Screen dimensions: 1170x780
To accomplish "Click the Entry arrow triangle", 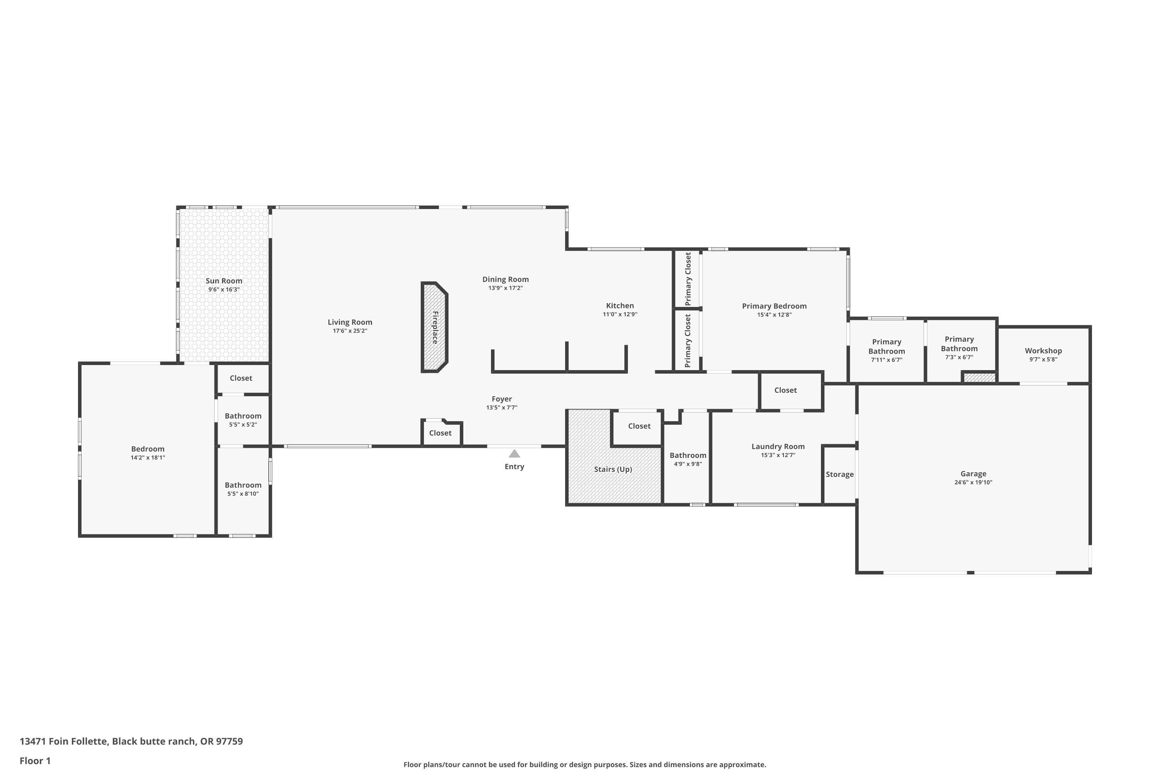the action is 514,454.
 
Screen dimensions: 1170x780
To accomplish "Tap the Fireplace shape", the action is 435,327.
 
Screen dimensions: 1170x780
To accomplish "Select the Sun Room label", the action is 224,280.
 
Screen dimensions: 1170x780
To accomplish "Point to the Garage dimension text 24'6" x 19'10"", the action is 973,482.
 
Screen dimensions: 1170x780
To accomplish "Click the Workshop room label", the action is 1043,351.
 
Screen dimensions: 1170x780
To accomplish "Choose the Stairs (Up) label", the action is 613,469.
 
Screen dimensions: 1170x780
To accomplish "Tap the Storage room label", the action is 840,475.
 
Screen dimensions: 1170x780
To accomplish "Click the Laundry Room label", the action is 778,447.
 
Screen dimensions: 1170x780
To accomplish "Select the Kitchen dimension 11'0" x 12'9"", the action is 620,314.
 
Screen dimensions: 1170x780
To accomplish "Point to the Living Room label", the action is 350,323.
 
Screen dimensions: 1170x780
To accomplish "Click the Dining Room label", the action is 505,280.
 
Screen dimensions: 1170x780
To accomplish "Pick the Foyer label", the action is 502,399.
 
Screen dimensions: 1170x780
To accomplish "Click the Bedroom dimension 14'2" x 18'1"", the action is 148,457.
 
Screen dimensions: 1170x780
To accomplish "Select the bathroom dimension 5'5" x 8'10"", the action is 243,494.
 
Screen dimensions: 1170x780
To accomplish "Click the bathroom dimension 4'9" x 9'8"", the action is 688,464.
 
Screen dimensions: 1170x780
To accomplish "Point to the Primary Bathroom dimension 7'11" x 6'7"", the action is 886,360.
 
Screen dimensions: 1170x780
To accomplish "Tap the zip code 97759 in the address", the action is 229,741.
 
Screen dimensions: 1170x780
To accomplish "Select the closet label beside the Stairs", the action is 639,426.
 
